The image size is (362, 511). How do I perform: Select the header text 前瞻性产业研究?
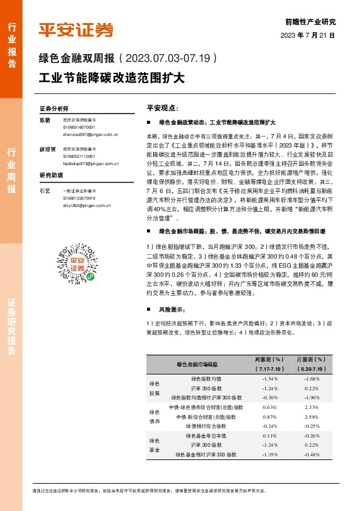[x=318, y=21]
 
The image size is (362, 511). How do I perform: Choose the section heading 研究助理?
[x=52, y=176]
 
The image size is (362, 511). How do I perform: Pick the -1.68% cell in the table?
[x=312, y=379]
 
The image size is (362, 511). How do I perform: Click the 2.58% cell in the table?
[x=312, y=417]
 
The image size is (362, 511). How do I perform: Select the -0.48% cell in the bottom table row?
[x=312, y=455]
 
